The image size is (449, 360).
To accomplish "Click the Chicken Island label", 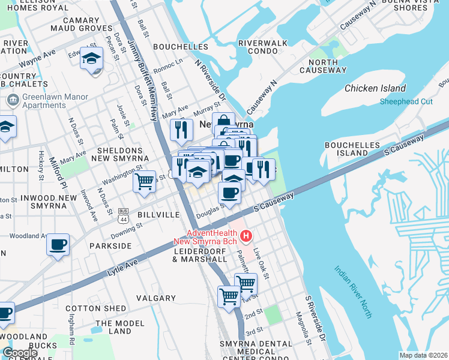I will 375,88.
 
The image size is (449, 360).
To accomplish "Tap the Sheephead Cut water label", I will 406,101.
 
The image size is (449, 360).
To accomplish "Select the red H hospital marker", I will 245,236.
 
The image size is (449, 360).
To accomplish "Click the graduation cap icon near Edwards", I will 92,59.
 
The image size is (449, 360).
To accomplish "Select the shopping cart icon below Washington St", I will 144,181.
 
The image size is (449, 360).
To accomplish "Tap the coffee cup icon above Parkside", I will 58,245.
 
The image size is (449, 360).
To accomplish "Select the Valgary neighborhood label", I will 156,298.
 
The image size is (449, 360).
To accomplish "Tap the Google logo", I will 20,353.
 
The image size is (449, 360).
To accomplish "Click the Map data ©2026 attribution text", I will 423,355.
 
